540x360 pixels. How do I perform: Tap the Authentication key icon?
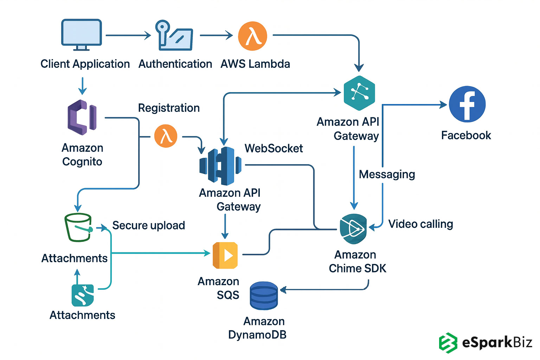174,35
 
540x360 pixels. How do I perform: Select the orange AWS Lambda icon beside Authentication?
252,36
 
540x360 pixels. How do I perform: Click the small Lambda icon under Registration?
166,136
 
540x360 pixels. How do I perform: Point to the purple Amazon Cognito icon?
82,117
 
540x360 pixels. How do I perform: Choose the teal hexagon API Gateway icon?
359,93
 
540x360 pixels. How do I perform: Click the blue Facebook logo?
467,104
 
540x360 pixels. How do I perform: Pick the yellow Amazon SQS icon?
225,255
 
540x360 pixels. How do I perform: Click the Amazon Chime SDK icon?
353,229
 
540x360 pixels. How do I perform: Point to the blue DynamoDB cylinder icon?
264,296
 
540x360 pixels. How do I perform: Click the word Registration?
169,108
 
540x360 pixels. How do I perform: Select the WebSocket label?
274,148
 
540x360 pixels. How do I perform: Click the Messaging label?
387,174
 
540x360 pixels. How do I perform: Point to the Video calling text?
420,224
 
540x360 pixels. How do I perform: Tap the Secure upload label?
148,225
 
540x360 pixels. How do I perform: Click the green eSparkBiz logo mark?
448,342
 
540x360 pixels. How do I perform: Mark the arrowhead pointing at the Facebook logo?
443,104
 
